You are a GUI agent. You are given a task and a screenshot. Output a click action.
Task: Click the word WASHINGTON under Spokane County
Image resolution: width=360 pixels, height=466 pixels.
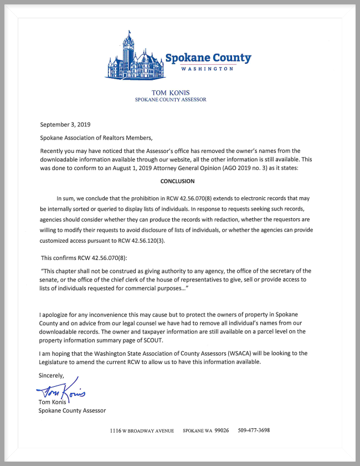208,69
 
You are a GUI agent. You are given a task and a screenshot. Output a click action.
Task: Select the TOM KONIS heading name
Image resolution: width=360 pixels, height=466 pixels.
171,92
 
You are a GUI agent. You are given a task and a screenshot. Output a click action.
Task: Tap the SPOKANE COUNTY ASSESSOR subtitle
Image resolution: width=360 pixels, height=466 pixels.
171,100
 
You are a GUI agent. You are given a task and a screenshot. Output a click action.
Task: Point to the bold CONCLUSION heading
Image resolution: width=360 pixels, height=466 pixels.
177,181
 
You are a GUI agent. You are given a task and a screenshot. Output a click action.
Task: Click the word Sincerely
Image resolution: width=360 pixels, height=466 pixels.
51,375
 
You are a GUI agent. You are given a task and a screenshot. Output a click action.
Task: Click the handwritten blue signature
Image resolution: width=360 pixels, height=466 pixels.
64,392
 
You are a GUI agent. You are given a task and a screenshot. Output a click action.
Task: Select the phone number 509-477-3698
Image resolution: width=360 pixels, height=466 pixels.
254,431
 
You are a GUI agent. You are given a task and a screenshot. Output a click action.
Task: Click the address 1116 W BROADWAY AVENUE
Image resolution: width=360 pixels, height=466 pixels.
142,431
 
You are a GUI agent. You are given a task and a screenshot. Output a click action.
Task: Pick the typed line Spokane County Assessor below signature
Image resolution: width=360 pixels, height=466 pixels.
72,411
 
